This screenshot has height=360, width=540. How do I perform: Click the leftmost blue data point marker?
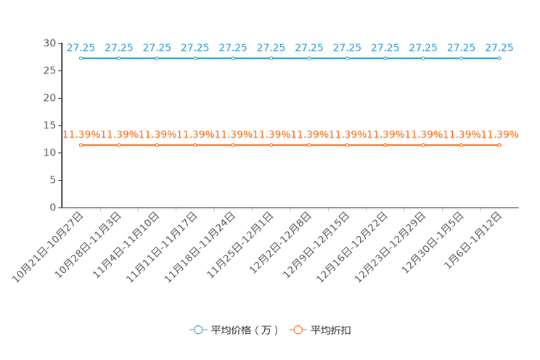[x=81, y=58]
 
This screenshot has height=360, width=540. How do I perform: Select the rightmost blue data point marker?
[x=499, y=58]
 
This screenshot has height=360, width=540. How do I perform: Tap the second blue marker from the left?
[x=119, y=58]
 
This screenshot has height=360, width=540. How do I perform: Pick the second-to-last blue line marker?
[x=461, y=58]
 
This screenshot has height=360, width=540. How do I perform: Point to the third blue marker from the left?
[x=157, y=58]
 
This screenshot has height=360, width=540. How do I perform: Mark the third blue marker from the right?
[x=423, y=58]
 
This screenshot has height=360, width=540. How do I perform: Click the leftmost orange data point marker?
[x=81, y=145]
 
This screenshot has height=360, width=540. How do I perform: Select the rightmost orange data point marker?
[x=499, y=145]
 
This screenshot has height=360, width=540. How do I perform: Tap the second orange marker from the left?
[x=119, y=145]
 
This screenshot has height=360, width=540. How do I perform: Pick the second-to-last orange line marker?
[x=461, y=145]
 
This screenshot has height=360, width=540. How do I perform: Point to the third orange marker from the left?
[x=157, y=145]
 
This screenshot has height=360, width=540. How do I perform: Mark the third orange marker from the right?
[x=423, y=145]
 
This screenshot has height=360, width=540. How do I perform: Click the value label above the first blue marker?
[x=81, y=48]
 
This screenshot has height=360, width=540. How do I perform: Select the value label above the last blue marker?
[x=499, y=48]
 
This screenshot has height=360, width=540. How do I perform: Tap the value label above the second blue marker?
[x=119, y=48]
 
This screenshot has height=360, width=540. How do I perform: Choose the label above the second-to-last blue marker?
[x=461, y=48]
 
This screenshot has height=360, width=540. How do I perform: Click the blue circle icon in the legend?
[x=197, y=330]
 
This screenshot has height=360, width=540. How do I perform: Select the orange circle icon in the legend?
[x=297, y=330]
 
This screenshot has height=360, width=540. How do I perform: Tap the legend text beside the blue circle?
[x=245, y=330]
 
